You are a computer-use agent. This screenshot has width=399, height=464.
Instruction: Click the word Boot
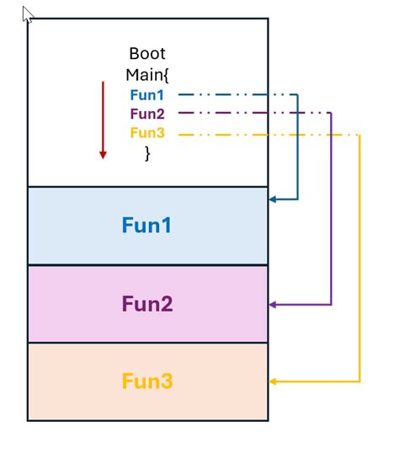point(147,53)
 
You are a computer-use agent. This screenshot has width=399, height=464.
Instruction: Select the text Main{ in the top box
point(147,75)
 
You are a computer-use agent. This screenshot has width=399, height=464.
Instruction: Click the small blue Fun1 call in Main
point(146,94)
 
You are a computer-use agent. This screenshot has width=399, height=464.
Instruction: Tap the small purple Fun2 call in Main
point(146,114)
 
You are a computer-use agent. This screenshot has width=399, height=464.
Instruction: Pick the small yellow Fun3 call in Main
point(146,133)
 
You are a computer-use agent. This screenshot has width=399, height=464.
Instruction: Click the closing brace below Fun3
point(147,152)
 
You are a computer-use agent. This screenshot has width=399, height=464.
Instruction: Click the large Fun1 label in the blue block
point(147,226)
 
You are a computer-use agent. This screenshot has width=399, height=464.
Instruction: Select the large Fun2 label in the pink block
point(147,304)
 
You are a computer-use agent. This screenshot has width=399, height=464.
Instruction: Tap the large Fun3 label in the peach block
point(147,381)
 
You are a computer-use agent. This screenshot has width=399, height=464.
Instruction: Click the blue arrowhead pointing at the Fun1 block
point(273,200)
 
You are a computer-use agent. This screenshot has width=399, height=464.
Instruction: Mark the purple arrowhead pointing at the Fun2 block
point(273,304)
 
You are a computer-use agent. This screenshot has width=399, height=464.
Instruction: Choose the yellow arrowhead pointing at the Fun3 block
point(273,381)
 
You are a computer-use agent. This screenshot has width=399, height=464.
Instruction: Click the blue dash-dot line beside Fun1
point(236,94)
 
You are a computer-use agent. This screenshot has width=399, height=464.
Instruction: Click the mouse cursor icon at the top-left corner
point(28,14)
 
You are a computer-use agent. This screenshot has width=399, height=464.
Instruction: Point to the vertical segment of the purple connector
point(331,211)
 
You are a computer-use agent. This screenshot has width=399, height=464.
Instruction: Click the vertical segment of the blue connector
point(298,147)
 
